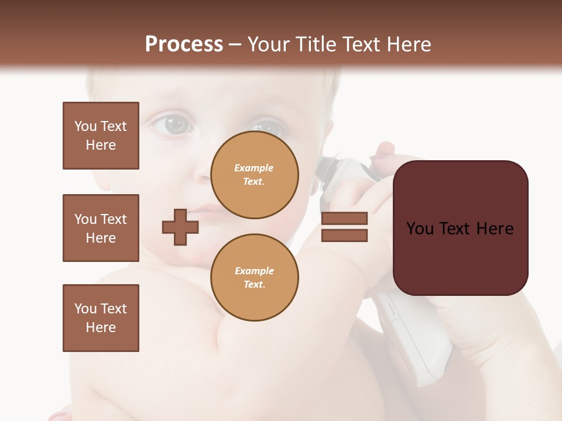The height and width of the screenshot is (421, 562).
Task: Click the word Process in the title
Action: coord(184,44)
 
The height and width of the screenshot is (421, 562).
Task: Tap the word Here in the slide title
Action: coord(408,44)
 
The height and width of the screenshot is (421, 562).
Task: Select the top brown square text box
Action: coord(101,136)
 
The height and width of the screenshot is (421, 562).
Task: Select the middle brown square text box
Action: coord(101,228)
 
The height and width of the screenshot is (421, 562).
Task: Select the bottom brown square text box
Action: coord(101,318)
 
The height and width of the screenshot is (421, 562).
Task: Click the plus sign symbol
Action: coord(180,227)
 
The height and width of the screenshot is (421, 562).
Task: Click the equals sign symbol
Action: coord(344,227)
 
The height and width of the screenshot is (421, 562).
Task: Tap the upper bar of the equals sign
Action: coord(344,219)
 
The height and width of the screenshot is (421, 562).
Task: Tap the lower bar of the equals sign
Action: coord(344,236)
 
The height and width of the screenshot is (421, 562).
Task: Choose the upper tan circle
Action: coord(255,175)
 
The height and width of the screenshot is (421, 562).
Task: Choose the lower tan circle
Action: coord(255,278)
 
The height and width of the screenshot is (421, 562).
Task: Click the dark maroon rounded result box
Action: coord(460,228)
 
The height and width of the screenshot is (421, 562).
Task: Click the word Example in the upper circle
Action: coord(253,168)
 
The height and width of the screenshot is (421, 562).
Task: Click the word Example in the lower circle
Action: coord(254,271)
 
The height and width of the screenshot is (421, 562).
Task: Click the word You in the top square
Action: coord(85,126)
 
